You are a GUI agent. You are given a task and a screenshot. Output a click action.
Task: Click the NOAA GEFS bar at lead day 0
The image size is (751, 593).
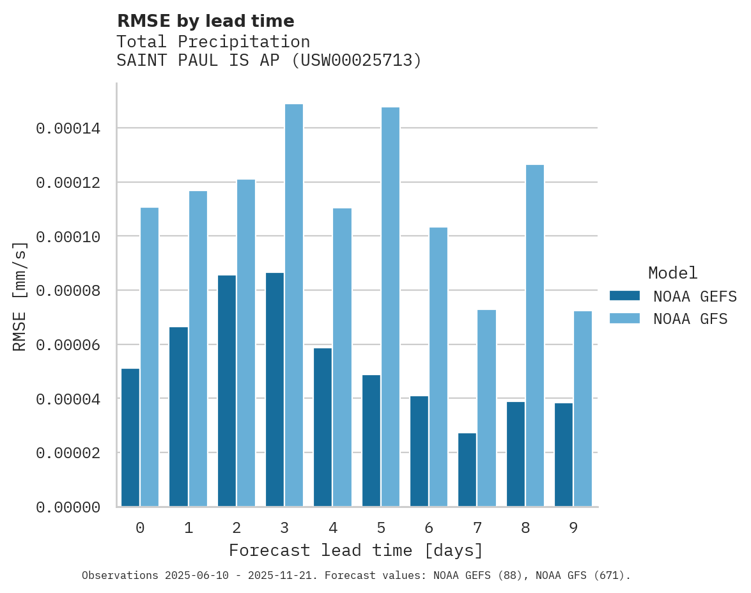click(130, 438)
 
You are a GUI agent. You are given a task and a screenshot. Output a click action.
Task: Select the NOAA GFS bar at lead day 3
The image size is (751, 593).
click(294, 305)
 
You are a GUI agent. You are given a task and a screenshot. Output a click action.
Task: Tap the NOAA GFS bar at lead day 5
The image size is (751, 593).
click(391, 307)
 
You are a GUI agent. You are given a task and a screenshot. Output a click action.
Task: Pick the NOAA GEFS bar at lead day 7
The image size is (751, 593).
click(467, 470)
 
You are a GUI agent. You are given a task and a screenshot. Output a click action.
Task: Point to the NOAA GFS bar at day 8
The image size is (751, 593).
click(535, 335)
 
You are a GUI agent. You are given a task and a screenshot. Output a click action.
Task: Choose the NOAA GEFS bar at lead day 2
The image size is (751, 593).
click(227, 391)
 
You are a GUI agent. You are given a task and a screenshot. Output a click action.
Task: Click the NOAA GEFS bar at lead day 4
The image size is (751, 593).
click(323, 427)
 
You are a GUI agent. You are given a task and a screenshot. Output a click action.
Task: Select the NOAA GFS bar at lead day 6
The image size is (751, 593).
click(438, 367)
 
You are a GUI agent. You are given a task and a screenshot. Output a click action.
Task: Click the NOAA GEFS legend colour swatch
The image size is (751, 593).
click(624, 296)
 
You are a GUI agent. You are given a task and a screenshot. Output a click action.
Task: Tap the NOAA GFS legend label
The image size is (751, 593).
click(690, 319)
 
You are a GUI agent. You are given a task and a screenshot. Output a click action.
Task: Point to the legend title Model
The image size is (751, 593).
click(672, 273)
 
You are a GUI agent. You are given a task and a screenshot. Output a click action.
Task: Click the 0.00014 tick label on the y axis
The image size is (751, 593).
click(68, 129)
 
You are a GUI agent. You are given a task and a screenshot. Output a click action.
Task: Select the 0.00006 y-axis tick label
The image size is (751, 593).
click(68, 345)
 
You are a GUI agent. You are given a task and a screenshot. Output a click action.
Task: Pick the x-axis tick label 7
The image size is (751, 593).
click(477, 528)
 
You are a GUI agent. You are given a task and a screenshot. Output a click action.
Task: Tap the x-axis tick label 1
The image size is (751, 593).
click(189, 528)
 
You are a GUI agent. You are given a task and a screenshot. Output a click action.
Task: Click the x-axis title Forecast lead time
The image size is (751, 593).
click(356, 550)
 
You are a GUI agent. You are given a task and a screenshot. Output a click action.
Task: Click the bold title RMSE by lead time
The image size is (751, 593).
click(206, 21)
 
